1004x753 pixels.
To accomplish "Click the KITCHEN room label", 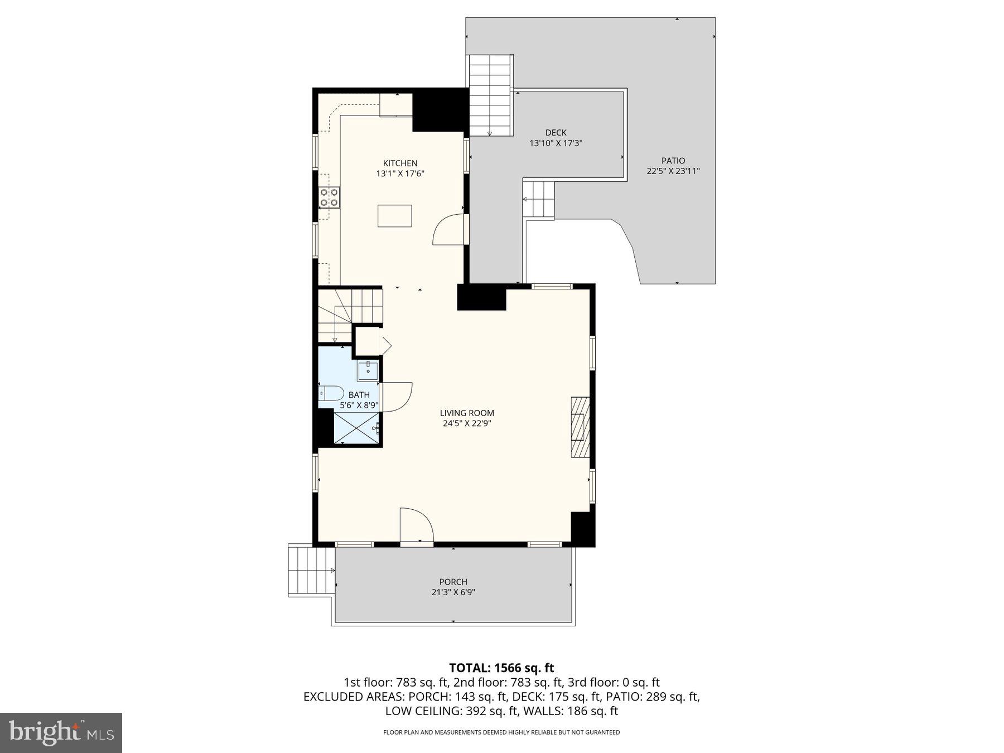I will [x=400, y=163].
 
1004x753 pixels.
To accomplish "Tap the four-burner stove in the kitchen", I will [x=329, y=197].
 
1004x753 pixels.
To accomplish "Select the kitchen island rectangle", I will [x=394, y=216].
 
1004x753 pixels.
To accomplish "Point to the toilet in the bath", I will [x=331, y=393].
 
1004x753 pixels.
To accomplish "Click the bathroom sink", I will [x=368, y=370].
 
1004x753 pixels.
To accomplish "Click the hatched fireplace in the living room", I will [x=580, y=427].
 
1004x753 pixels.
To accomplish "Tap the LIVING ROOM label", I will [x=467, y=413].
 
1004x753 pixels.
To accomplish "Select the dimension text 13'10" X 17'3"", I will [x=556, y=143].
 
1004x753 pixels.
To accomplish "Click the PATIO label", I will [x=673, y=161].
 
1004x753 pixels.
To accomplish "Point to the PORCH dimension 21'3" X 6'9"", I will [x=453, y=592].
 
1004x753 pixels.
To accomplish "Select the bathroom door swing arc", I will [x=397, y=397].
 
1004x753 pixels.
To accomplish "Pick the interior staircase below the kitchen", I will [x=350, y=316].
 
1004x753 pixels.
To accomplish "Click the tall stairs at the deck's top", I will [x=490, y=95].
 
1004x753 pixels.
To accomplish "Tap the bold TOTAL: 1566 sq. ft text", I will [x=501, y=668].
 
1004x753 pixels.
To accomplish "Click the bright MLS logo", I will [x=61, y=732].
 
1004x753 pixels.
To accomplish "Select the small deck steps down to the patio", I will [x=539, y=200].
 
